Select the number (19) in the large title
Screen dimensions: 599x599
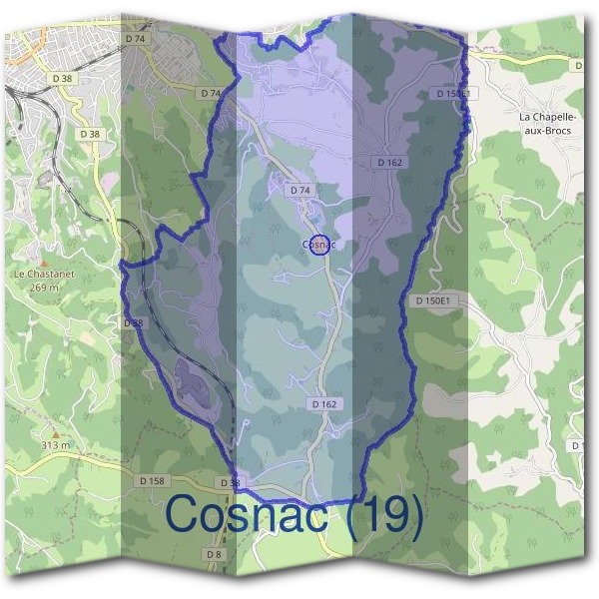tap(385, 516)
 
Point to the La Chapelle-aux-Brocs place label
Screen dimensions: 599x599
tap(546, 124)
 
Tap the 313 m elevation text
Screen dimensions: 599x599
tap(56, 445)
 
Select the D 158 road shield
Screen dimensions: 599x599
tap(152, 481)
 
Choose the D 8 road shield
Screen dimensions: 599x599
tap(214, 553)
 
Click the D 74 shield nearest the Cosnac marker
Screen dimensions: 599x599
tap(300, 190)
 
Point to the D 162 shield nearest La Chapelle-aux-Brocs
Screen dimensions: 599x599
tap(389, 162)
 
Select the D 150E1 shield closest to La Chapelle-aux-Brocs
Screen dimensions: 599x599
tap(452, 93)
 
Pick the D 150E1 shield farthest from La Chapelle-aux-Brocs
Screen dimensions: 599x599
tap(432, 300)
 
